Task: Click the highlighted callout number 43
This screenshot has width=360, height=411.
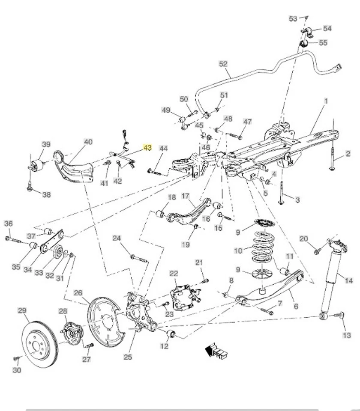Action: (147, 148)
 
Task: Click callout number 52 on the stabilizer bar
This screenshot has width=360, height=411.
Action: (223, 64)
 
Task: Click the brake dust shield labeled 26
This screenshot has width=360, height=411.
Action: (105, 317)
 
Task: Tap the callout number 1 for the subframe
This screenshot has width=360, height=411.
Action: (326, 101)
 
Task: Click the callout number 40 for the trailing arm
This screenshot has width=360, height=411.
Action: (88, 142)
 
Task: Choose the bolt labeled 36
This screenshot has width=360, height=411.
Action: (13, 239)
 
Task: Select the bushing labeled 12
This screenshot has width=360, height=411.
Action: (172, 334)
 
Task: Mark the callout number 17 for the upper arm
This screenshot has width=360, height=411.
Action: (185, 196)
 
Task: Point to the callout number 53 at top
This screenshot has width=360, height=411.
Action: (293, 18)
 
